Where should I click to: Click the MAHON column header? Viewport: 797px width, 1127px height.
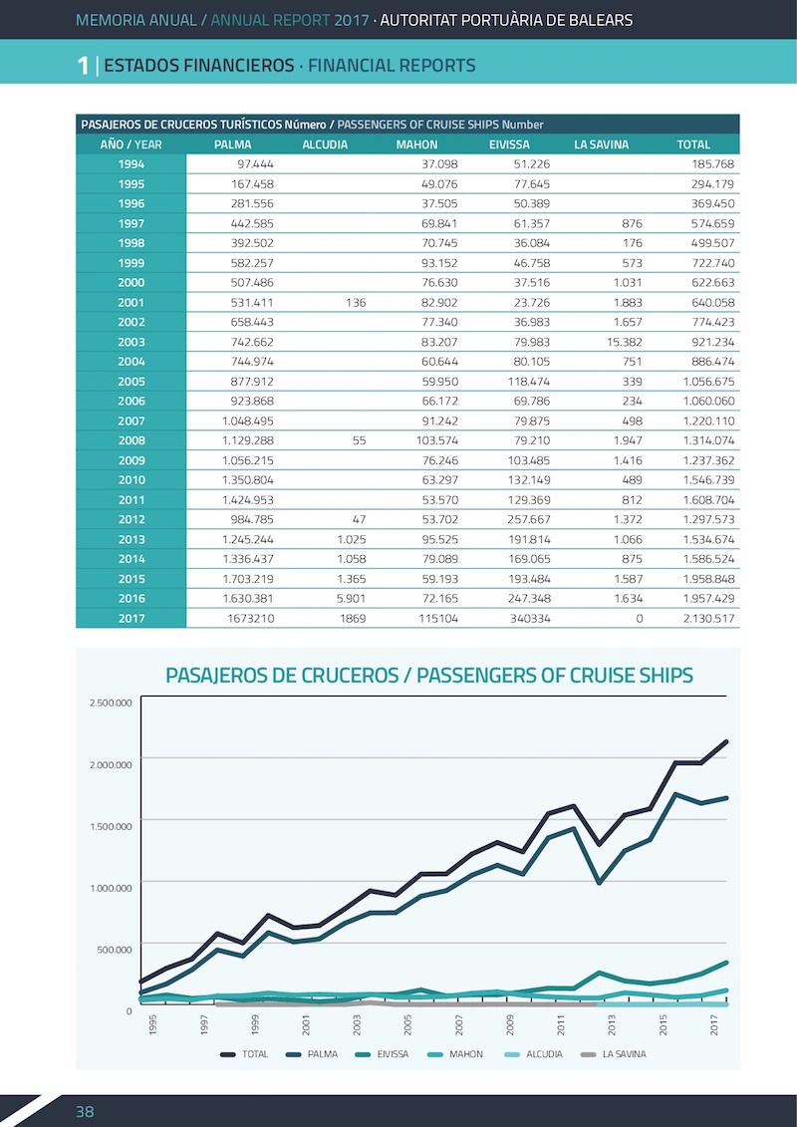coord(416,144)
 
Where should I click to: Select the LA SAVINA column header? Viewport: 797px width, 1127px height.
coord(601,144)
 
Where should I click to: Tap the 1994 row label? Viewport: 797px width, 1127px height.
coord(131,163)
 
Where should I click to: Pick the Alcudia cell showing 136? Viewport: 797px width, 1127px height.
coord(355,303)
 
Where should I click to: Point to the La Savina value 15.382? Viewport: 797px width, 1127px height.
coord(623,342)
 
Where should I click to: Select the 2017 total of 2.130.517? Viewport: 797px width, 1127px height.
coord(708,618)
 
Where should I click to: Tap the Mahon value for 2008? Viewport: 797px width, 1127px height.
coord(437,440)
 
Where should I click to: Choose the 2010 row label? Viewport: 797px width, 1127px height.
coord(131,480)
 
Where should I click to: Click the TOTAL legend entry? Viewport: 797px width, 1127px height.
coord(244,1054)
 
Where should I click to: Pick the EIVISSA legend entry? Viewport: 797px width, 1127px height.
coord(382,1054)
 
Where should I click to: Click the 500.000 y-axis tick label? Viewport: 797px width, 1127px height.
coord(115,950)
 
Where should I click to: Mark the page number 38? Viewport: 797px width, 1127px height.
coord(85,1112)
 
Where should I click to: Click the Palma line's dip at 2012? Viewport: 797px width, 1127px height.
coord(599,882)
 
